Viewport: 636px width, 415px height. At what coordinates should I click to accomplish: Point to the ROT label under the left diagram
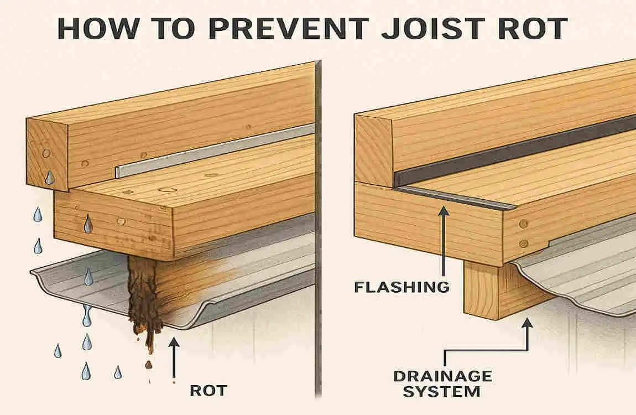[208, 390]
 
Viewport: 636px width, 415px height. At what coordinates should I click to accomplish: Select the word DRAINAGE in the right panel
[442, 376]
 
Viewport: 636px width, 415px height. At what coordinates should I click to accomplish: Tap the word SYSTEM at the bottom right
[441, 392]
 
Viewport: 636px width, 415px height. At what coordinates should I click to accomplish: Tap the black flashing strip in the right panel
[514, 149]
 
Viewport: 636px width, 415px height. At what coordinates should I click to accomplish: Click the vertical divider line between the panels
[317, 221]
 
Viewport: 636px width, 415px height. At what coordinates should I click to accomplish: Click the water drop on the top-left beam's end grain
[50, 177]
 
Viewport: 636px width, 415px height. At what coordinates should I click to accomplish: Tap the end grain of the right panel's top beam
[373, 149]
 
